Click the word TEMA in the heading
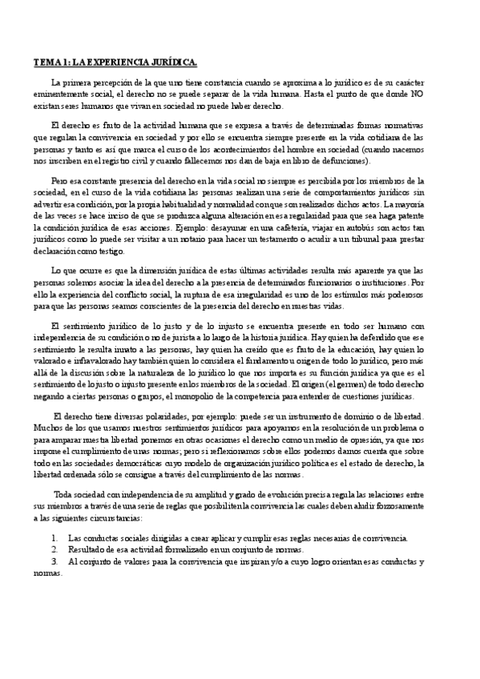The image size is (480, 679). (46, 62)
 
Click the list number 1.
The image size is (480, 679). (54, 538)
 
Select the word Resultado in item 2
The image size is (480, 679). (87, 549)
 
